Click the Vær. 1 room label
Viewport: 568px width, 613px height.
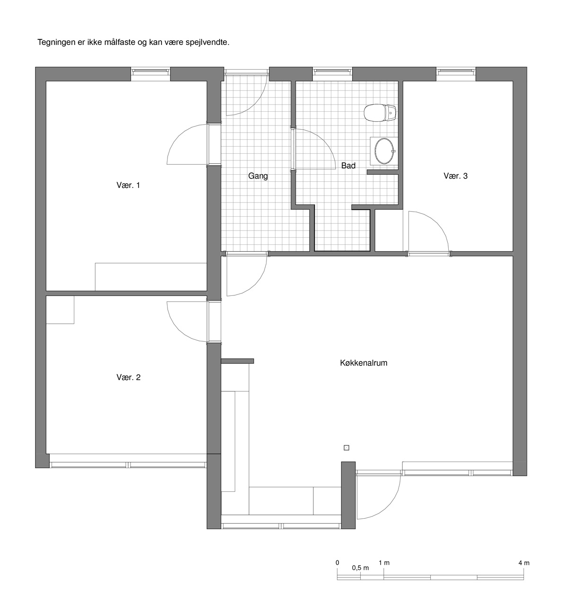[x=128, y=185]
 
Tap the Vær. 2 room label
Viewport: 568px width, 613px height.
[x=128, y=377]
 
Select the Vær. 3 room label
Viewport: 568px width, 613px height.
[x=456, y=176]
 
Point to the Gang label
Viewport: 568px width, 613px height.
[x=258, y=176]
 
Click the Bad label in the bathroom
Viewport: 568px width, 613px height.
[x=348, y=166]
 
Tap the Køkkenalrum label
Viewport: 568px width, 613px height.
[x=364, y=363]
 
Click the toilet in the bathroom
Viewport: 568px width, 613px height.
[x=380, y=113]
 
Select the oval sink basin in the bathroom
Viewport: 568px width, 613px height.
[x=384, y=151]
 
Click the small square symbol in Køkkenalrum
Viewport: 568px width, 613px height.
[x=346, y=448]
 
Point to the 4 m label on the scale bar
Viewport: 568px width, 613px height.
[x=524, y=563]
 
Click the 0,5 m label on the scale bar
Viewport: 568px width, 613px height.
[x=360, y=568]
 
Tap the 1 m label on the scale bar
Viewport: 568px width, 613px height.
[x=384, y=563]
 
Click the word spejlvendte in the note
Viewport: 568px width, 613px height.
[x=207, y=43]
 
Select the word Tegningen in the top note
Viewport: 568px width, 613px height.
[x=56, y=43]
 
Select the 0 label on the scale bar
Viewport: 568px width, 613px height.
[x=337, y=563]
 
